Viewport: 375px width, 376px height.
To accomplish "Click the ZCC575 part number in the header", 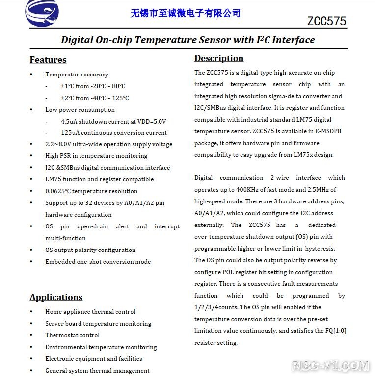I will (326, 21).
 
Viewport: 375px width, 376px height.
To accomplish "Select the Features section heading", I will (48, 60).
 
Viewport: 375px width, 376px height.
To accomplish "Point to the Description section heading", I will (219, 58).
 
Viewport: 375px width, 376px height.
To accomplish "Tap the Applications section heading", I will (56, 297).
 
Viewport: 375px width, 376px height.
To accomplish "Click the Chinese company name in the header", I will (186, 13).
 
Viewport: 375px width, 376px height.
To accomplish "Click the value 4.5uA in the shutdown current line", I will (70, 121).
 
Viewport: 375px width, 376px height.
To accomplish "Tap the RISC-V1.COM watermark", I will (330, 366).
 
